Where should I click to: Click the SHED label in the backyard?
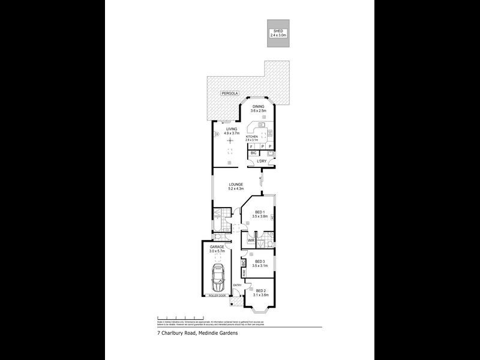click(x=278, y=31)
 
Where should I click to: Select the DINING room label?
click(x=257, y=106)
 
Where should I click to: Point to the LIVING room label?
click(x=231, y=129)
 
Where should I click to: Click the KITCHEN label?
click(x=251, y=137)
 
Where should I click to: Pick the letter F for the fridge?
click(x=251, y=146)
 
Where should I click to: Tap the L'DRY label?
click(x=262, y=162)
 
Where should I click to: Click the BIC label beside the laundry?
click(x=253, y=154)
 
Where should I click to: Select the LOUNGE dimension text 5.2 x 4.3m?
click(x=235, y=189)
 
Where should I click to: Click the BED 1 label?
click(x=260, y=212)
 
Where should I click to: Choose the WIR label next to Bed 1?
click(x=251, y=241)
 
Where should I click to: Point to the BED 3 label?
click(x=260, y=261)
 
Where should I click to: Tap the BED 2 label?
click(x=260, y=290)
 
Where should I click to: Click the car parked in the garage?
click(x=218, y=277)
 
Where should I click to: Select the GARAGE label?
click(x=217, y=247)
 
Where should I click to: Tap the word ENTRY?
click(x=237, y=285)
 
